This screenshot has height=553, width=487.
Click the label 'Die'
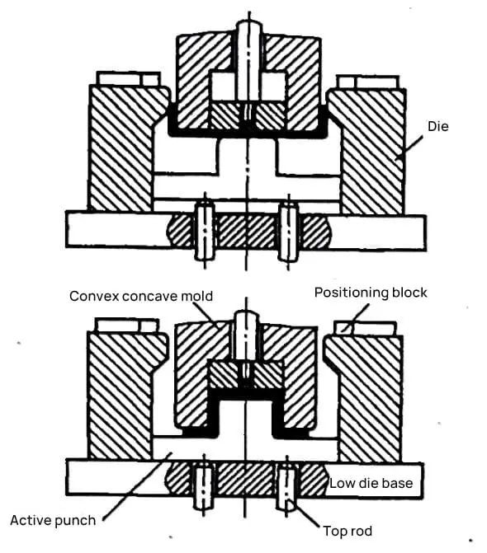coord(438,126)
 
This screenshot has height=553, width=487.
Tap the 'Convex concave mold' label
coord(141,296)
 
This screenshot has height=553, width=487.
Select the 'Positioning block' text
coord(371,293)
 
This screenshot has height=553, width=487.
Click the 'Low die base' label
coord(371,483)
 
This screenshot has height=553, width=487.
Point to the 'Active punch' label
coord(53,520)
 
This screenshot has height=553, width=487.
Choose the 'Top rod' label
coord(348,531)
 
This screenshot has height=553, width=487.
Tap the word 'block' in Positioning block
coord(409,293)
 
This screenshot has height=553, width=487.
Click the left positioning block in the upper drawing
coord(128,78)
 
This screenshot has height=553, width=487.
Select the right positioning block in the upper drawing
coord(368,82)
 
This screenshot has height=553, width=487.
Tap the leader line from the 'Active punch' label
coord(137,486)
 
